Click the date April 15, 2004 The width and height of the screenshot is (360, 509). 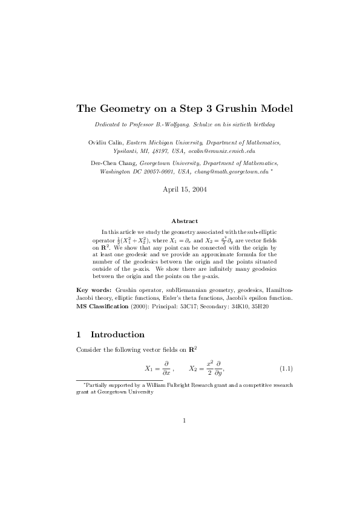pos(185,189)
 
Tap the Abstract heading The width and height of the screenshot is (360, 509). pos(185,221)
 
